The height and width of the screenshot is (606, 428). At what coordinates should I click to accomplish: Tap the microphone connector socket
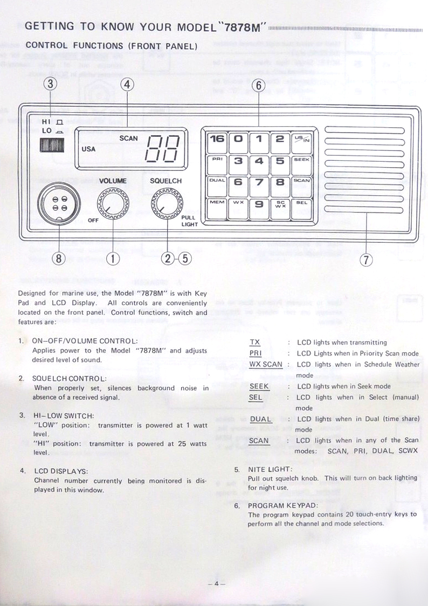[x=59, y=203]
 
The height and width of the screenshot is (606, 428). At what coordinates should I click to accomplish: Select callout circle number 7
[x=366, y=260]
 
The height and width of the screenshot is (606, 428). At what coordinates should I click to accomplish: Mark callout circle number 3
[x=51, y=84]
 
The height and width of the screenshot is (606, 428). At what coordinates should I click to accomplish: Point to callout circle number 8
[x=59, y=258]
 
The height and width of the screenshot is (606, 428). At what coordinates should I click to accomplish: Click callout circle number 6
[x=258, y=85]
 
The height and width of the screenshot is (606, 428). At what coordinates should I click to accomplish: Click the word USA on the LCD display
[x=88, y=149]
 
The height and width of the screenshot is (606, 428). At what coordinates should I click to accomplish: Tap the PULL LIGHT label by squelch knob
[x=189, y=221]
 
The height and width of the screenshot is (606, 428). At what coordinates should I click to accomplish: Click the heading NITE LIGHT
[x=270, y=469]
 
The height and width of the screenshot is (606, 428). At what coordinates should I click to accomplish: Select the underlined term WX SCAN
[x=266, y=364]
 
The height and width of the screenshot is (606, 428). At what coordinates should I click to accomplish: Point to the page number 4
[x=217, y=583]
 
